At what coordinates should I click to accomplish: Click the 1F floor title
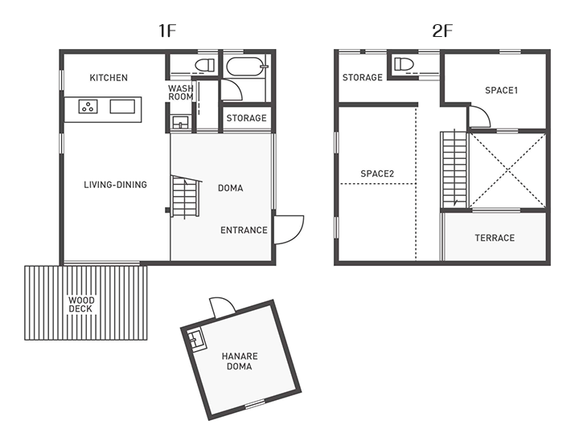pyautogui.click(x=167, y=31)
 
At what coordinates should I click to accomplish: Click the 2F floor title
pyautogui.click(x=442, y=31)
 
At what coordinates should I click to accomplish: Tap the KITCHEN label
pyautogui.click(x=109, y=78)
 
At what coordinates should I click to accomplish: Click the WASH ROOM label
pyautogui.click(x=181, y=92)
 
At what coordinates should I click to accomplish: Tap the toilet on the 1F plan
pyautogui.click(x=204, y=64)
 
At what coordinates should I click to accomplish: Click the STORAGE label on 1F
pyautogui.click(x=246, y=118)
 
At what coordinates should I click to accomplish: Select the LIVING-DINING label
pyautogui.click(x=115, y=185)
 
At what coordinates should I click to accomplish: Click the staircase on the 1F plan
pyautogui.click(x=185, y=197)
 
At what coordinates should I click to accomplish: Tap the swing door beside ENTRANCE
pyautogui.click(x=287, y=228)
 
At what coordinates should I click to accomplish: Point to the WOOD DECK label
pyautogui.click(x=81, y=304)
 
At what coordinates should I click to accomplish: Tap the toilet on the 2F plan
pyautogui.click(x=403, y=64)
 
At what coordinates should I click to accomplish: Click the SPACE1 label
pyautogui.click(x=501, y=91)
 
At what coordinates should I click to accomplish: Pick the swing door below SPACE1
pyautogui.click(x=479, y=119)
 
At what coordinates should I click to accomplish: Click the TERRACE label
pyautogui.click(x=495, y=238)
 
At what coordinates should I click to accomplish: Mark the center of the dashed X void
pyautogui.click(x=506, y=169)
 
